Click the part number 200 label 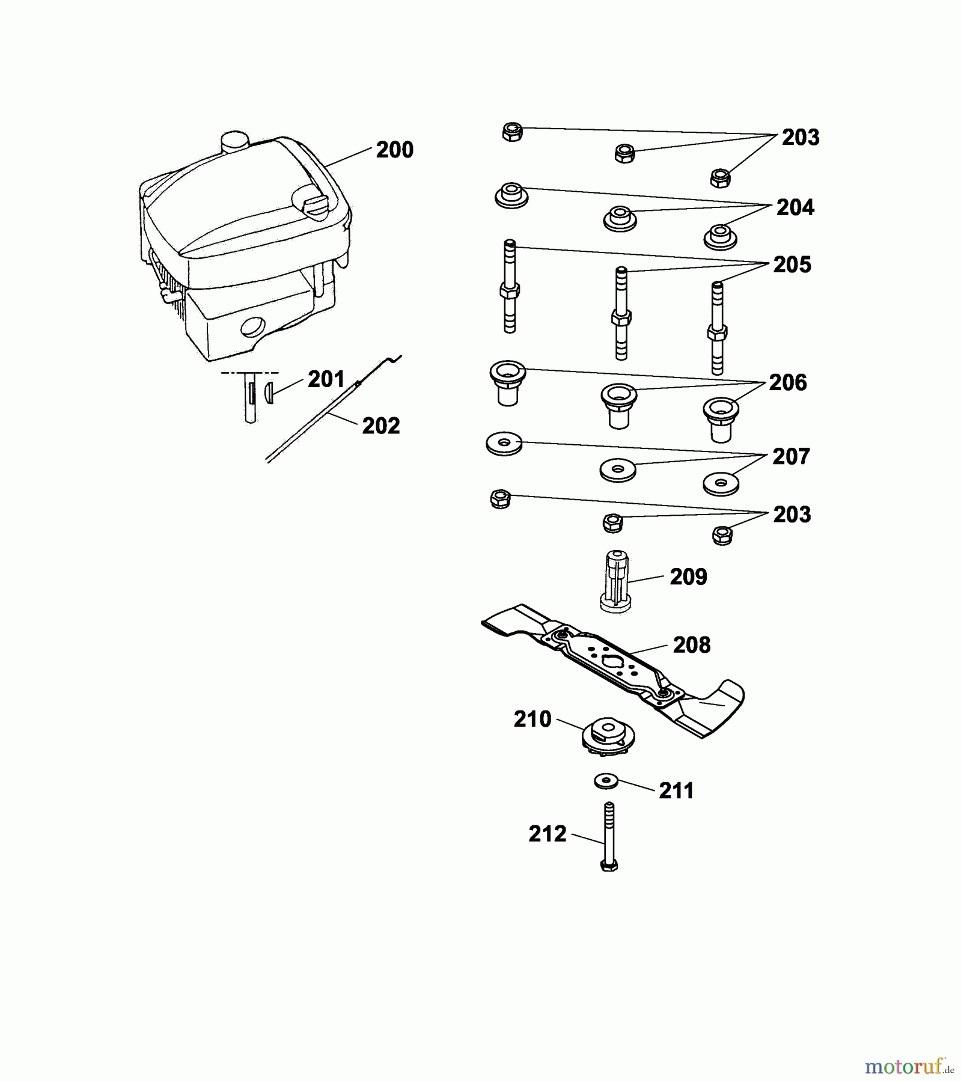tap(394, 150)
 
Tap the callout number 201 tap(326, 379)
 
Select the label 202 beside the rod tap(381, 426)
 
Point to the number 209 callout tap(689, 577)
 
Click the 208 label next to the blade tap(692, 645)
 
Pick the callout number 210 tap(532, 719)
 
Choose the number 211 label tap(677, 791)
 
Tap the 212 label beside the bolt tap(548, 834)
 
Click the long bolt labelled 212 tap(609, 836)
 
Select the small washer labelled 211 tap(606, 781)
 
